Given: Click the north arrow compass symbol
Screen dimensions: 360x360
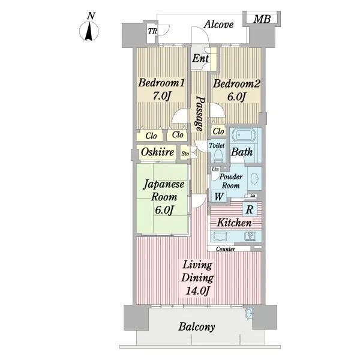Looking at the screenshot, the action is click(x=89, y=31).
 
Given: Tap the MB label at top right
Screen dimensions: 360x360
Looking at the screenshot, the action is click(x=262, y=19).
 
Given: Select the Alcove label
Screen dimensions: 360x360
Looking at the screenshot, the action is click(x=218, y=25).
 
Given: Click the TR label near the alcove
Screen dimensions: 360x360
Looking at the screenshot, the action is click(x=152, y=31).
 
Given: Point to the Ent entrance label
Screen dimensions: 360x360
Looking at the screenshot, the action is click(x=200, y=58).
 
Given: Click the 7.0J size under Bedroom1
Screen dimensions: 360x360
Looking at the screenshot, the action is click(x=161, y=96).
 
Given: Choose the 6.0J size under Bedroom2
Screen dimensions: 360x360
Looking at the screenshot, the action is click(x=236, y=97).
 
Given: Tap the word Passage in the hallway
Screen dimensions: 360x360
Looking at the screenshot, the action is click(x=199, y=113).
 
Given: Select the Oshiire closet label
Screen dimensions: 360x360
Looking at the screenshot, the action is click(x=157, y=152).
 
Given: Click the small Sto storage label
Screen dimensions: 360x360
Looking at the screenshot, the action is click(x=185, y=154).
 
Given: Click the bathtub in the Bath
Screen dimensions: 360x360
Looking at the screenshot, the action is click(x=244, y=136).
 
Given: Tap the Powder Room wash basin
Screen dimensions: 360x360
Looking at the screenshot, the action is click(x=254, y=179).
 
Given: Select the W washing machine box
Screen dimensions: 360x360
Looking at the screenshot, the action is click(x=219, y=197).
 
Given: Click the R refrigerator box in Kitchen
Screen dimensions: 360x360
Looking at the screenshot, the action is click(x=250, y=209).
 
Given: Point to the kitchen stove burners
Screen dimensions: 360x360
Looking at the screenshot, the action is click(x=250, y=236).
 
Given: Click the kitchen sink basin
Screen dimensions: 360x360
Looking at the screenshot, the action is click(x=220, y=236).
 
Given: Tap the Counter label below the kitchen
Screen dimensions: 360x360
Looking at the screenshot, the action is click(x=226, y=249).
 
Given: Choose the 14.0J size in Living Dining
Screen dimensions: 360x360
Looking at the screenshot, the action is click(x=197, y=291).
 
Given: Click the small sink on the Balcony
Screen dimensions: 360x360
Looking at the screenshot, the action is click(x=248, y=313).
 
